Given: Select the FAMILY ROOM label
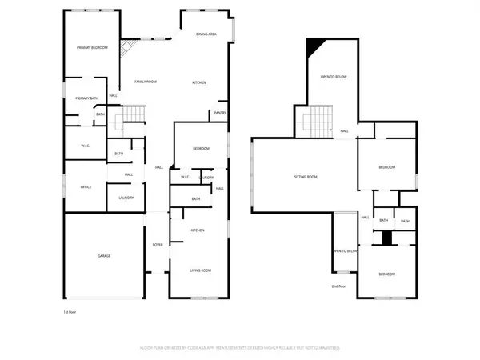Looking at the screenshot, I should [145, 82].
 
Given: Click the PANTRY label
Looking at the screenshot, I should [220, 113].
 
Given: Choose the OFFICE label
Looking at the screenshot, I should [86, 186].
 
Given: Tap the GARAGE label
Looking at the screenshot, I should [104, 255].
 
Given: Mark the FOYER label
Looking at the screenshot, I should [157, 245].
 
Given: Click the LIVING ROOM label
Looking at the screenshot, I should [200, 271].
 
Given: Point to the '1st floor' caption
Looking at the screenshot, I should [70, 311].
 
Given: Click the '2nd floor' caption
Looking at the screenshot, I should [338, 286].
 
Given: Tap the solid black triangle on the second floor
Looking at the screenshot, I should [318, 46].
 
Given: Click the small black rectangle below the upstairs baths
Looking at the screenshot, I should [387, 238].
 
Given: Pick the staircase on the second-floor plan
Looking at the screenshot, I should [318, 121].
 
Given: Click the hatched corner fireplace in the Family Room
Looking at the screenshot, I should [125, 50].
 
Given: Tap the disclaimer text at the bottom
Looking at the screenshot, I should [240, 349].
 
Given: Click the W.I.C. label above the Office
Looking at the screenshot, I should [85, 146].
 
